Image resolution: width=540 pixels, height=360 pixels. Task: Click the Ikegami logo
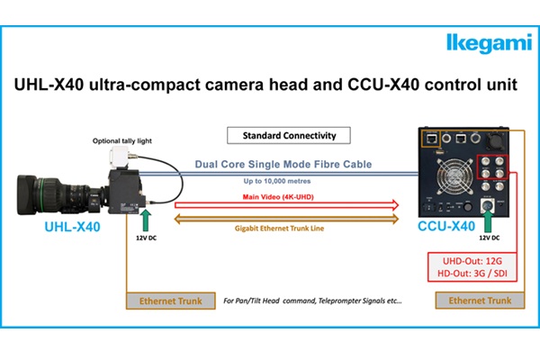coord(490,43)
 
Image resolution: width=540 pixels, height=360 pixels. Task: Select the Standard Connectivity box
coord(289,135)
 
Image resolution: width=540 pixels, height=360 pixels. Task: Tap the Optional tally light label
coord(122,140)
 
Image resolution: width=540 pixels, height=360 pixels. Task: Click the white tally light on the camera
coord(119,157)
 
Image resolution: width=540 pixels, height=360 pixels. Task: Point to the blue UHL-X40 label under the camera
coord(72,227)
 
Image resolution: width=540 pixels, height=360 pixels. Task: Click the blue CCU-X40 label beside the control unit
coord(446,226)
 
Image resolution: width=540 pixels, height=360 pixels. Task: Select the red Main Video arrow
coord(286,205)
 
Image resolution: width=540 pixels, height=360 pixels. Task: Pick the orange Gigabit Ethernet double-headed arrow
coord(286,219)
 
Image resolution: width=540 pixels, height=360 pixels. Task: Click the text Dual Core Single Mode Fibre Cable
coord(283,164)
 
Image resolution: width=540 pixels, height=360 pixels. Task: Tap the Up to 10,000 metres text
coord(277,181)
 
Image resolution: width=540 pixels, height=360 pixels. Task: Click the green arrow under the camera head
coord(146,220)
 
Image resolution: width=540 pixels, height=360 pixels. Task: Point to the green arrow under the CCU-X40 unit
coord(489,221)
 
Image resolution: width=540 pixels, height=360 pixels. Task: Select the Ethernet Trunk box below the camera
coord(171,301)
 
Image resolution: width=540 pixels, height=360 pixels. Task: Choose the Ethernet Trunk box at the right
coord(480,301)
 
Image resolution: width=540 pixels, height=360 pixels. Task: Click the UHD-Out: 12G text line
coord(472,261)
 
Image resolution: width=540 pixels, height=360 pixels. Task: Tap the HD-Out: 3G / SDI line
coord(472,274)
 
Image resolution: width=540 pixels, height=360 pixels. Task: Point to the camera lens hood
coord(27,194)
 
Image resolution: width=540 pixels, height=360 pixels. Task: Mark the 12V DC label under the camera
coord(146,238)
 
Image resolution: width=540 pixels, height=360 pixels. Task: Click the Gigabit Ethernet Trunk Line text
coord(279,228)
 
